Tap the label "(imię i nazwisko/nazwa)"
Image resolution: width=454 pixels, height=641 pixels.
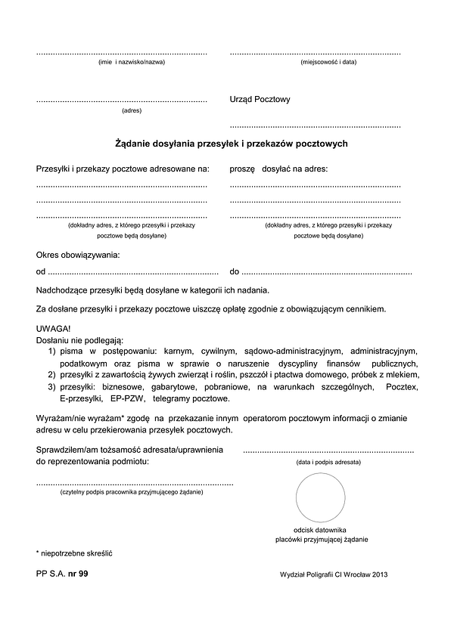click(x=132, y=62)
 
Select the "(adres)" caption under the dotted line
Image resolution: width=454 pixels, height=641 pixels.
click(x=132, y=111)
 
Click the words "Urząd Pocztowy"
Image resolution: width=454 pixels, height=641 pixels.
click(x=260, y=100)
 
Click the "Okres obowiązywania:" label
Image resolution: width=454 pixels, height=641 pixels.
click(x=78, y=255)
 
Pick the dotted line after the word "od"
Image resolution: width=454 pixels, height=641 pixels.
click(x=133, y=272)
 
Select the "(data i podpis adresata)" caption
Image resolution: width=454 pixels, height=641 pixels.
click(x=328, y=461)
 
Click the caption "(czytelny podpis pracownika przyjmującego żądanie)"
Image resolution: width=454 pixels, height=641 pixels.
click(x=132, y=492)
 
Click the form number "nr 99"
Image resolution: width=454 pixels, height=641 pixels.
click(x=78, y=574)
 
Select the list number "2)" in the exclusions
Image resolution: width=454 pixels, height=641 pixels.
click(x=52, y=375)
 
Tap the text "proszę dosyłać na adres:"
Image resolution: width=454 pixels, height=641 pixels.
click(x=278, y=169)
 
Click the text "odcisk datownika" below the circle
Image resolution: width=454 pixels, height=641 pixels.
click(x=320, y=530)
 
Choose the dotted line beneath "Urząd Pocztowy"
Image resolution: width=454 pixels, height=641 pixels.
click(x=316, y=126)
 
